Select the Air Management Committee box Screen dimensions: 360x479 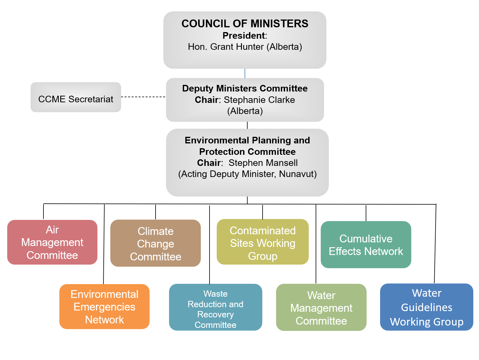[x=52, y=242]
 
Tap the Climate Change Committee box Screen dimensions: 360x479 [x=155, y=244]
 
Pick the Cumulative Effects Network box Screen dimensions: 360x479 [x=366, y=245]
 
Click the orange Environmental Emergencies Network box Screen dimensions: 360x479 [x=104, y=307]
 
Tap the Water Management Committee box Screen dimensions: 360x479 [x=321, y=308]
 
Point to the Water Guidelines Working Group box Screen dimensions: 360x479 [x=427, y=307]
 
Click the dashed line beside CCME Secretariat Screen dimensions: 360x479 [x=143, y=97]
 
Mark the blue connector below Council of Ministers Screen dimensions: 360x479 [x=245, y=73]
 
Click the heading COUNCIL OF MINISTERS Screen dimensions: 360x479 [x=245, y=24]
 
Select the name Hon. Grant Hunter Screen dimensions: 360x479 [x=226, y=47]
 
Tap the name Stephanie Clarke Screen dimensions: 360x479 [x=259, y=100]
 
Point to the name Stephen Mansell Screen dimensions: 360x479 [x=263, y=163]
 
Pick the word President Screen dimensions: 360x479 [x=244, y=36]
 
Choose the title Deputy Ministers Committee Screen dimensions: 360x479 [x=245, y=88]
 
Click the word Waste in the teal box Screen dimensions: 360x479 [x=215, y=294]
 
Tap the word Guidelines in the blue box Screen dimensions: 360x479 [x=427, y=307]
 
